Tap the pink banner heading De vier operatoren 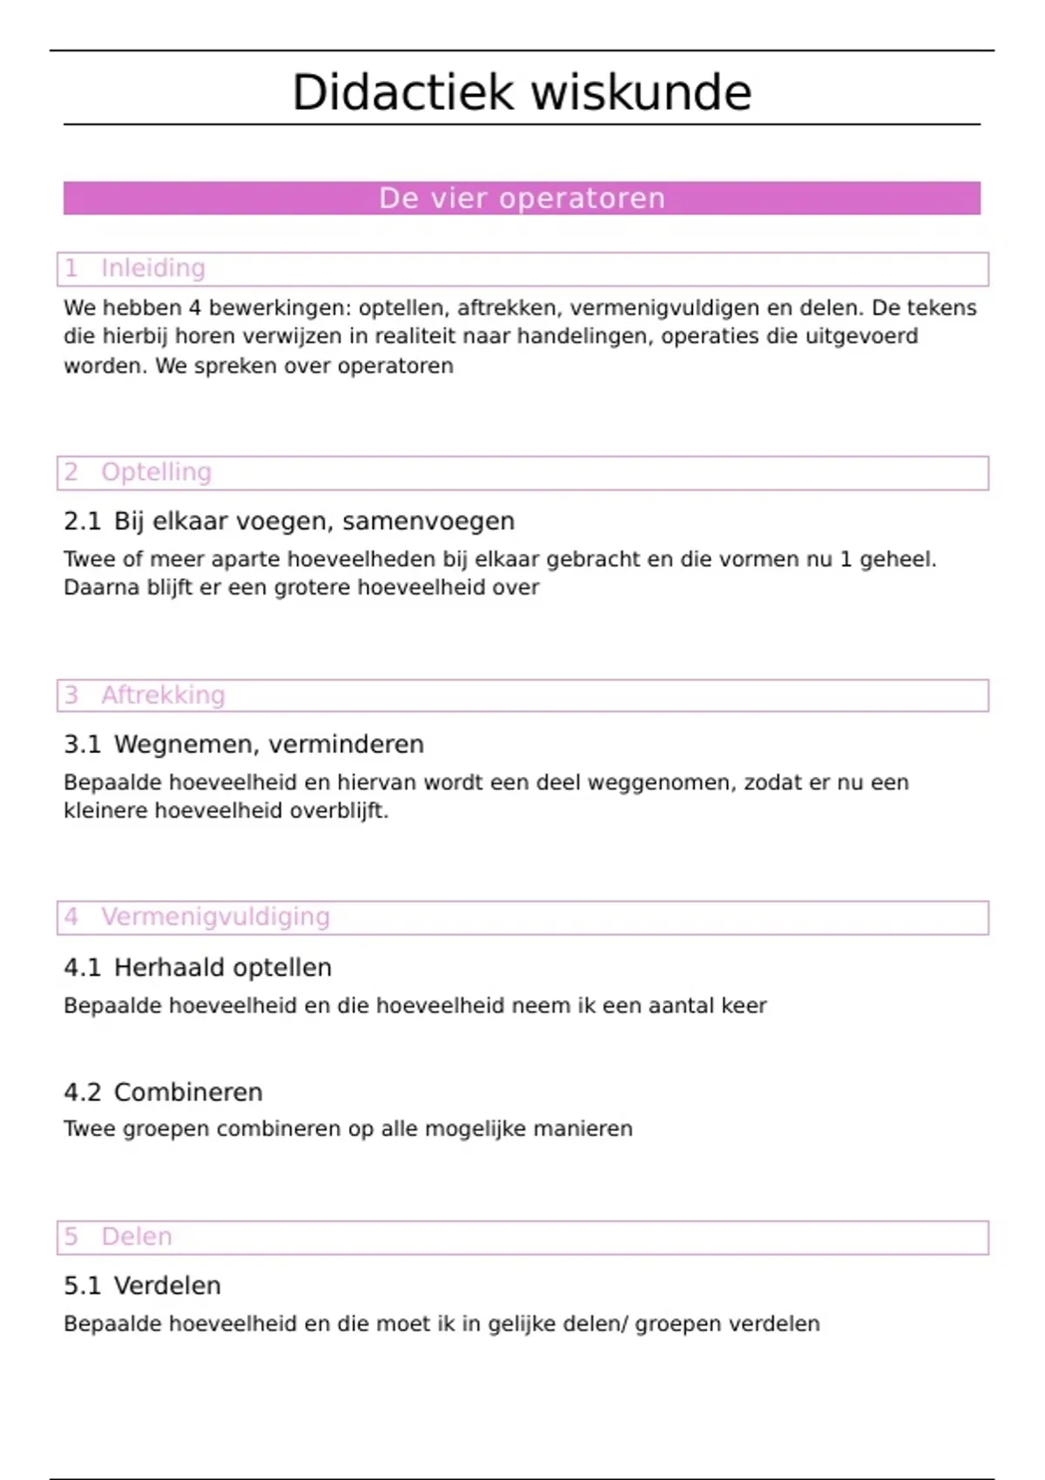[x=522, y=198]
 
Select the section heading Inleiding [x=153, y=268]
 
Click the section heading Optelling [x=157, y=472]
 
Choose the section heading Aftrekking [x=163, y=695]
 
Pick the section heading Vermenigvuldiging [x=215, y=917]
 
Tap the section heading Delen [x=137, y=1236]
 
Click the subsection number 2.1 [x=83, y=521]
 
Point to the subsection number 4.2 [x=83, y=1093]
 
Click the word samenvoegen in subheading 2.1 [x=428, y=521]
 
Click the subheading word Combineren [x=188, y=1093]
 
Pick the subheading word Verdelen [x=167, y=1286]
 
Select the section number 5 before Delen [x=71, y=1236]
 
